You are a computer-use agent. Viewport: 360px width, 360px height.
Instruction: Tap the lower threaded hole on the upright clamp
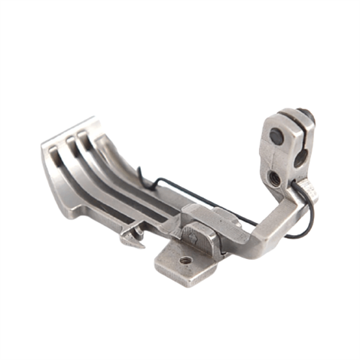(x=274, y=178)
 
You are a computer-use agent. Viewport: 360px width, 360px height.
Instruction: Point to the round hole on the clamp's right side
(x=300, y=159)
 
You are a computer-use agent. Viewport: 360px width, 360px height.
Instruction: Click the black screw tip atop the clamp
(x=306, y=115)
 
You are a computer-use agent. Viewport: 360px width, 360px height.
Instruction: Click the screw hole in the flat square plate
(x=185, y=261)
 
